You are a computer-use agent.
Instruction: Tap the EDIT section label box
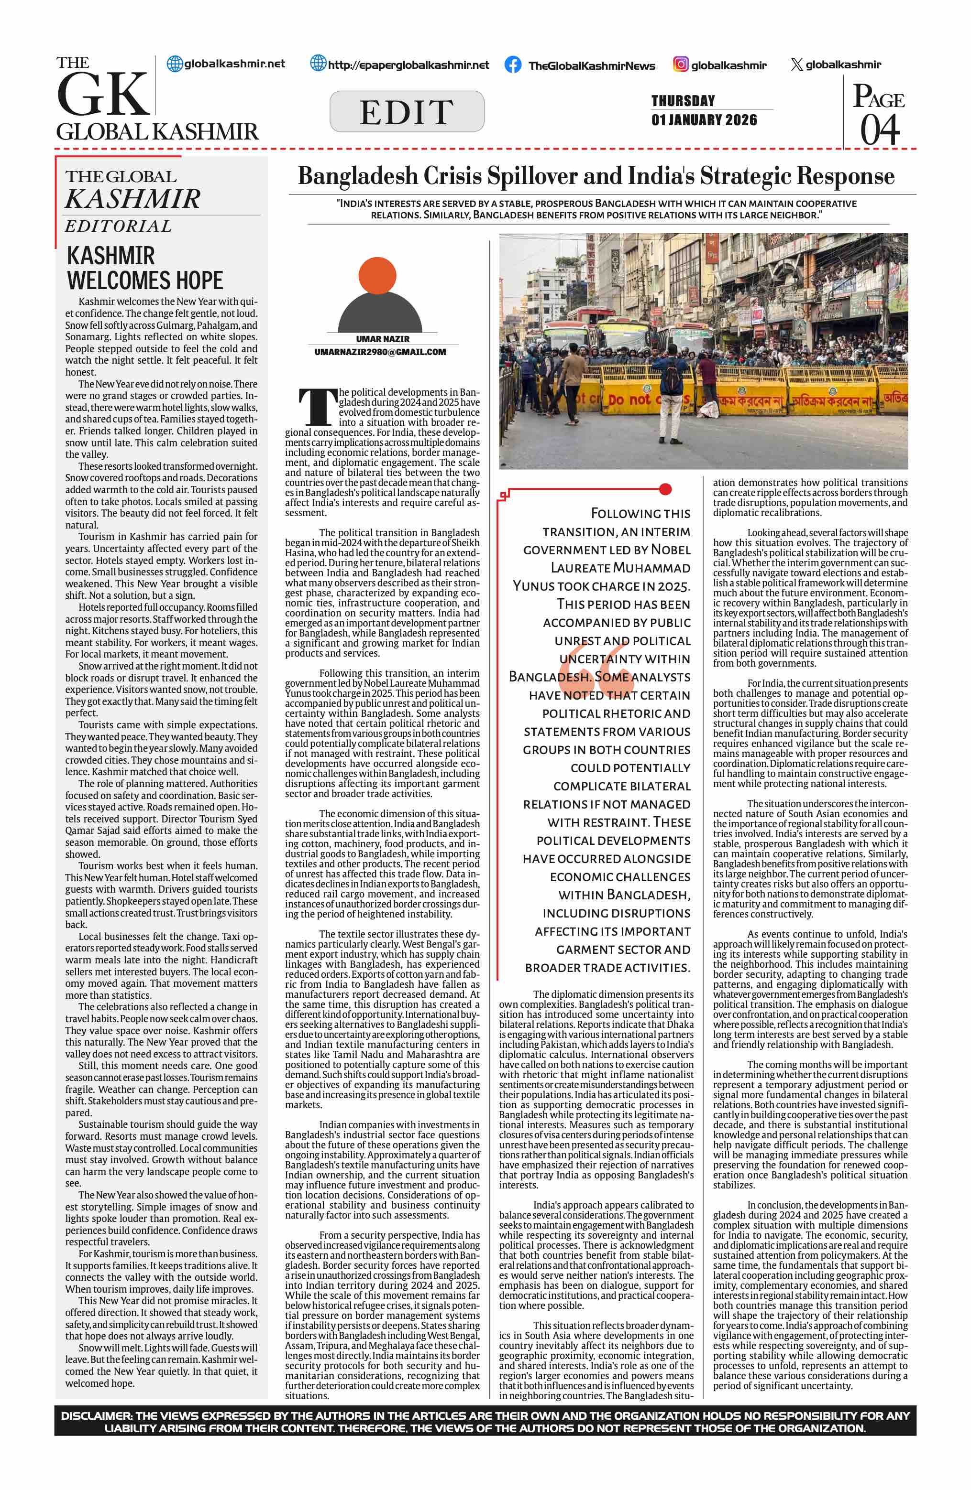coord(407,111)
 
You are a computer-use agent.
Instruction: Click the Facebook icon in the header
coord(512,65)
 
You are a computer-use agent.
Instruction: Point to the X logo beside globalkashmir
coord(796,65)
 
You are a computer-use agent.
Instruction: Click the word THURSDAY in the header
coord(683,101)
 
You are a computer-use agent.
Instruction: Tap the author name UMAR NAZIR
coord(383,339)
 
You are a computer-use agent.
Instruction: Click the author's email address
coord(380,352)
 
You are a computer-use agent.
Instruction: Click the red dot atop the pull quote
coord(665,489)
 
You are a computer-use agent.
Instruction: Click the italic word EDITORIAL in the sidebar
coord(119,226)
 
